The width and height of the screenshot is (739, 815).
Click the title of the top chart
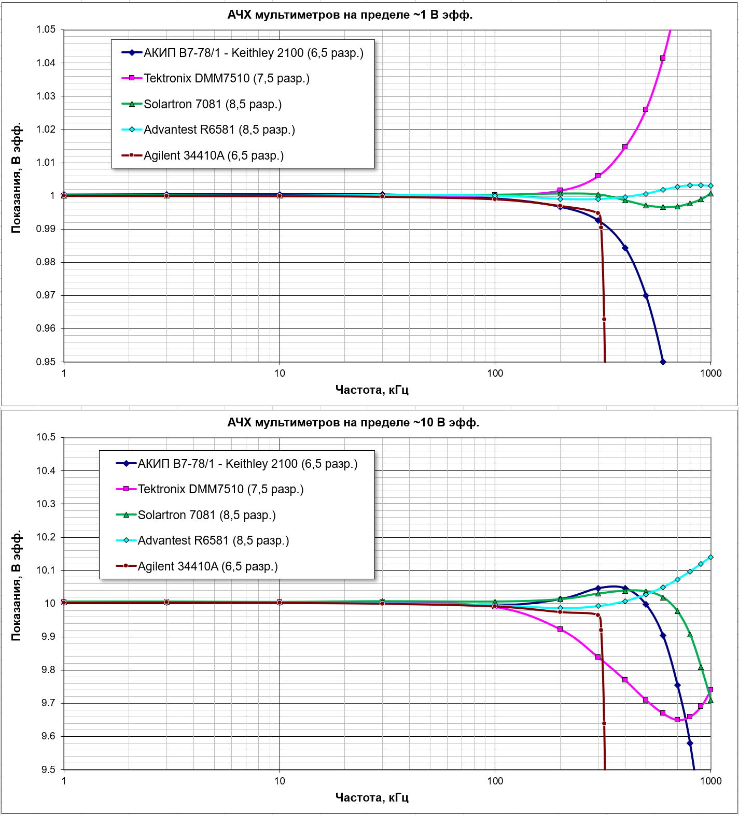(x=350, y=15)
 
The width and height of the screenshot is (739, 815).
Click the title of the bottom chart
(x=353, y=423)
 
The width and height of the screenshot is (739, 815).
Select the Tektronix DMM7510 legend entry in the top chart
(x=227, y=78)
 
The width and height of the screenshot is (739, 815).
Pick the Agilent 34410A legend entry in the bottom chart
(x=207, y=566)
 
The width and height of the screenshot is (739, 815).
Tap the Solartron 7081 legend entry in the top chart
(x=213, y=104)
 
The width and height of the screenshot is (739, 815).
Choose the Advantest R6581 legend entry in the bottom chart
(x=213, y=540)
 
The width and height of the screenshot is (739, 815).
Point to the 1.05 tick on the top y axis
(x=46, y=30)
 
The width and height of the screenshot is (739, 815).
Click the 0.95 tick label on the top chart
(x=46, y=362)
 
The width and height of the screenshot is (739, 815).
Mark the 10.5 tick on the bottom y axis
(x=46, y=437)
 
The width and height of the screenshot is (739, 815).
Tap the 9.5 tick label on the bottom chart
(x=49, y=769)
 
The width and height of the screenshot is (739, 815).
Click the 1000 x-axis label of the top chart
(x=710, y=373)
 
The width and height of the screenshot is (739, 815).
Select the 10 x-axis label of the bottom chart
(x=280, y=781)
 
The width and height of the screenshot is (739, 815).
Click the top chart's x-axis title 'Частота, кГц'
(x=372, y=390)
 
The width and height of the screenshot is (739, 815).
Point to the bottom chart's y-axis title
(x=16, y=585)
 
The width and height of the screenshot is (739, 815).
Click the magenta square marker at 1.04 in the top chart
(x=663, y=58)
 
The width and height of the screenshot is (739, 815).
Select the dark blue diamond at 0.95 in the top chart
(x=663, y=362)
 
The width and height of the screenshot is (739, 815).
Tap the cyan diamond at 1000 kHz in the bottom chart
(x=710, y=557)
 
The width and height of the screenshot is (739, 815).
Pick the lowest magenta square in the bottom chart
(x=677, y=720)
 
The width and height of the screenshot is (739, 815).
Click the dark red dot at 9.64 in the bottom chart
(x=604, y=723)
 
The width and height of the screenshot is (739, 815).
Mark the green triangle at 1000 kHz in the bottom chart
(x=710, y=700)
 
